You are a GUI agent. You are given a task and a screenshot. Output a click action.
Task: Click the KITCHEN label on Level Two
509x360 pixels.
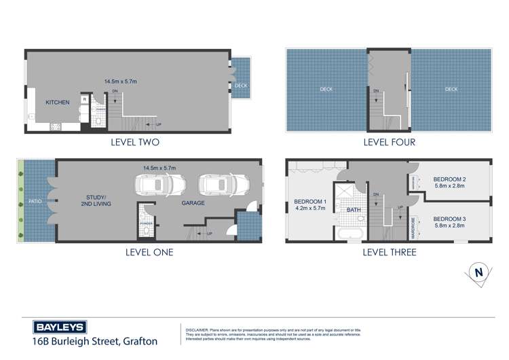click(x=58, y=102)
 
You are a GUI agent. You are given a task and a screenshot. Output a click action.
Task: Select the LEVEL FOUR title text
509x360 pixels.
click(x=389, y=143)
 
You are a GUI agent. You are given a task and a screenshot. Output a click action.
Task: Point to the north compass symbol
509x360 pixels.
click(x=479, y=272)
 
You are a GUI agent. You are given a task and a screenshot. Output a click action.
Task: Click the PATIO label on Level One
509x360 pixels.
click(x=35, y=202)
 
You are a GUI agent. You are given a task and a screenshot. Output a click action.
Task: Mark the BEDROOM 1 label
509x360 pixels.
click(x=310, y=205)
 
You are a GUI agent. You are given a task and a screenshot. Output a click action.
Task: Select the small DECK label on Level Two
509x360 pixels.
click(x=241, y=86)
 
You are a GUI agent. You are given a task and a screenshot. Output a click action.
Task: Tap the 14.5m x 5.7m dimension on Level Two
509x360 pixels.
click(x=120, y=82)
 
